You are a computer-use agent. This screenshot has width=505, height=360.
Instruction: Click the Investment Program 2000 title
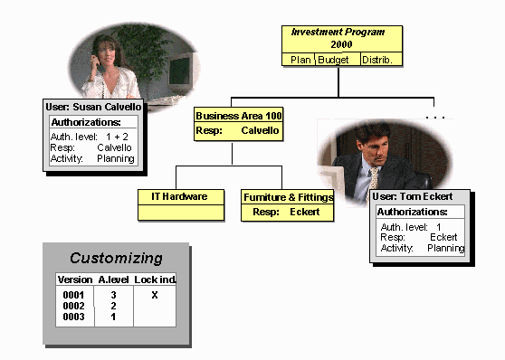click(338, 37)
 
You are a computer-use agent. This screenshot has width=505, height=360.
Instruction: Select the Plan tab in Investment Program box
click(300, 60)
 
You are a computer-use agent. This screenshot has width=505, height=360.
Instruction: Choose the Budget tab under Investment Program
click(336, 60)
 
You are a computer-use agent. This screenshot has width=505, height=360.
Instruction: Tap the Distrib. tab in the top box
click(377, 60)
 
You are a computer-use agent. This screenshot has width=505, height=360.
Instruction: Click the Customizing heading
click(116, 258)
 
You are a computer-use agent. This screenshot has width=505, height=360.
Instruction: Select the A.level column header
click(113, 280)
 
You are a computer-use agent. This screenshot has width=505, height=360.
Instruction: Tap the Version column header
click(74, 280)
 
